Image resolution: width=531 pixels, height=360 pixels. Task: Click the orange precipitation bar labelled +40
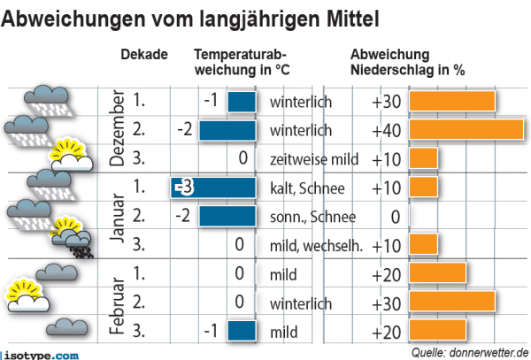point(466,131)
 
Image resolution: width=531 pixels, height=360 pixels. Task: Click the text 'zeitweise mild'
point(312,159)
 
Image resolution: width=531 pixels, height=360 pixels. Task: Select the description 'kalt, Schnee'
point(306,188)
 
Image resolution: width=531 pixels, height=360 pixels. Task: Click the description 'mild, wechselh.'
point(316,246)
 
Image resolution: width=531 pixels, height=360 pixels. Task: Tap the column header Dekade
point(144,55)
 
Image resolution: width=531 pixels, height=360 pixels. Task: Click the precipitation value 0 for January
point(396,217)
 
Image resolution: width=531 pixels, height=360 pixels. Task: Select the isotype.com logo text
point(43,354)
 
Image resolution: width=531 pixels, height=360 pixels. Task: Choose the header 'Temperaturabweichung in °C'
point(239,62)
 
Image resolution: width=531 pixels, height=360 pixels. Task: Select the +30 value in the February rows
point(387,303)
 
